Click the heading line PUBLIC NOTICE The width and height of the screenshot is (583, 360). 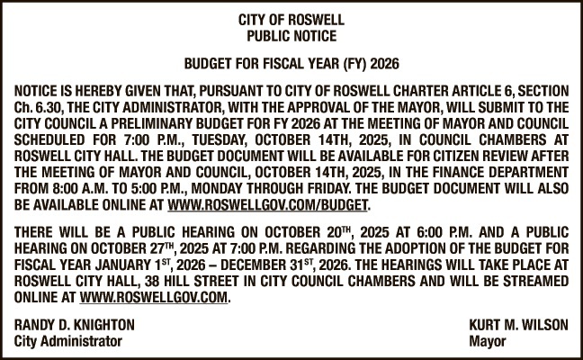[x=291, y=37]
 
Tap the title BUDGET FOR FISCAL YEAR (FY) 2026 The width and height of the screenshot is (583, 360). [x=291, y=66]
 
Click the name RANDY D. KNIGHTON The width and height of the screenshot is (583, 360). [x=75, y=326]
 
